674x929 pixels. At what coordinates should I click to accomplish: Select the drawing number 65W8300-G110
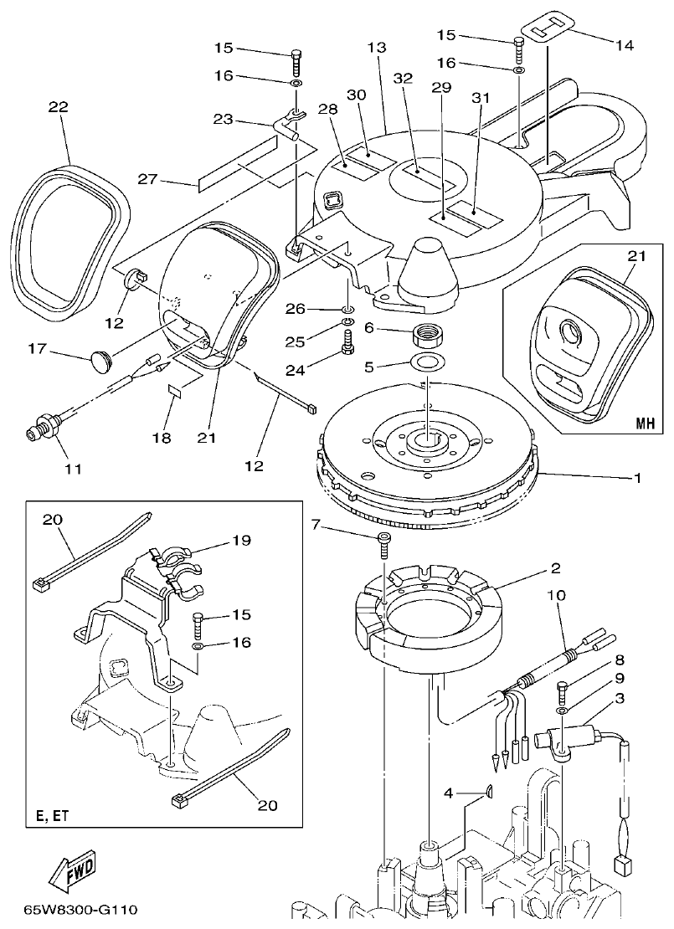(x=80, y=909)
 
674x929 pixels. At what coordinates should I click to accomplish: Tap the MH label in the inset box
(x=642, y=424)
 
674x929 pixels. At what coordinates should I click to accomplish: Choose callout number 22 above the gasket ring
(x=59, y=108)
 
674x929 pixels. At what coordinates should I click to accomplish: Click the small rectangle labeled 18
(x=176, y=391)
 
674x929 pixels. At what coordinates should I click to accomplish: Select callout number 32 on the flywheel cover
(x=404, y=78)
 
